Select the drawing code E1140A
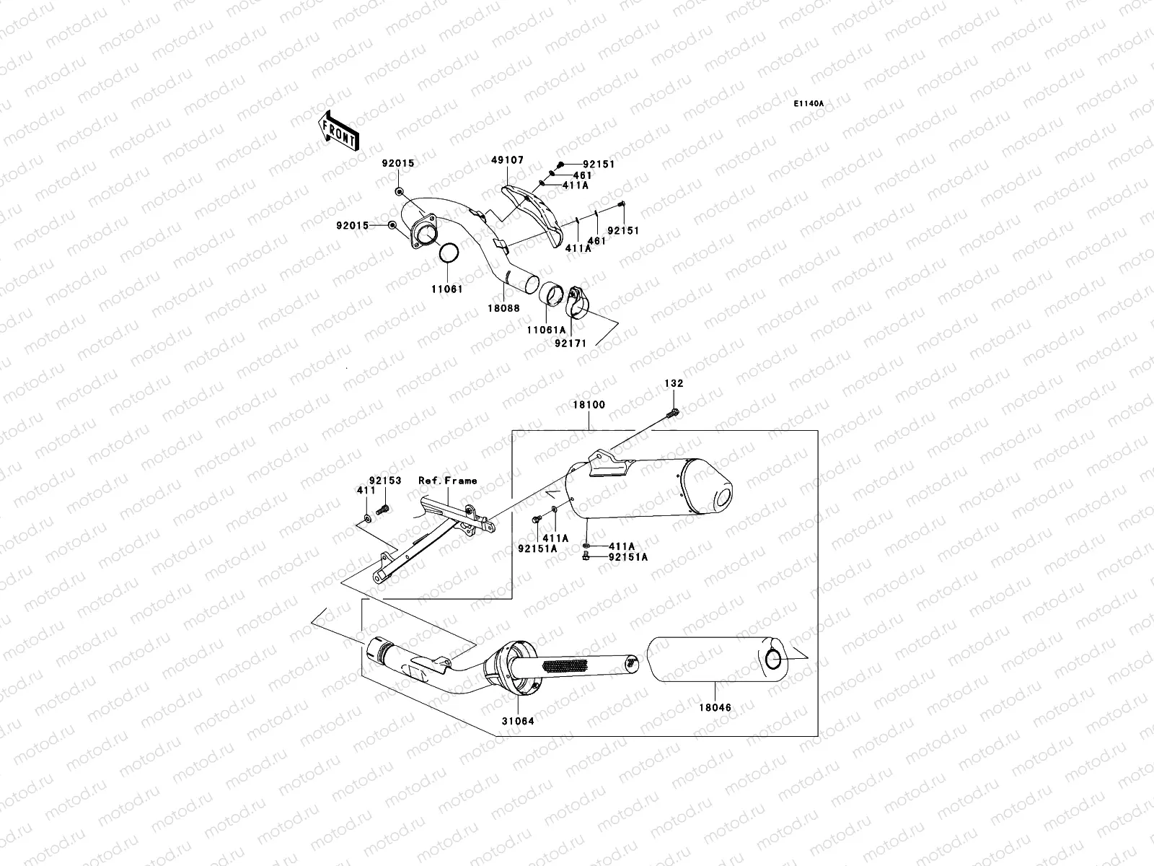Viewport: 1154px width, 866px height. click(809, 104)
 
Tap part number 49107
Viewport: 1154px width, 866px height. click(509, 160)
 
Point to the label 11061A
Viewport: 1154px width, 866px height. click(546, 330)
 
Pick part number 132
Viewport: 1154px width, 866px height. click(674, 384)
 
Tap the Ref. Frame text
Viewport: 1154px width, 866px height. click(447, 481)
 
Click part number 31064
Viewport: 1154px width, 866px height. click(519, 720)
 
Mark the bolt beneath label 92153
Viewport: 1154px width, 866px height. click(383, 509)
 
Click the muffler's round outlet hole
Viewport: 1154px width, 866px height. click(723, 498)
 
